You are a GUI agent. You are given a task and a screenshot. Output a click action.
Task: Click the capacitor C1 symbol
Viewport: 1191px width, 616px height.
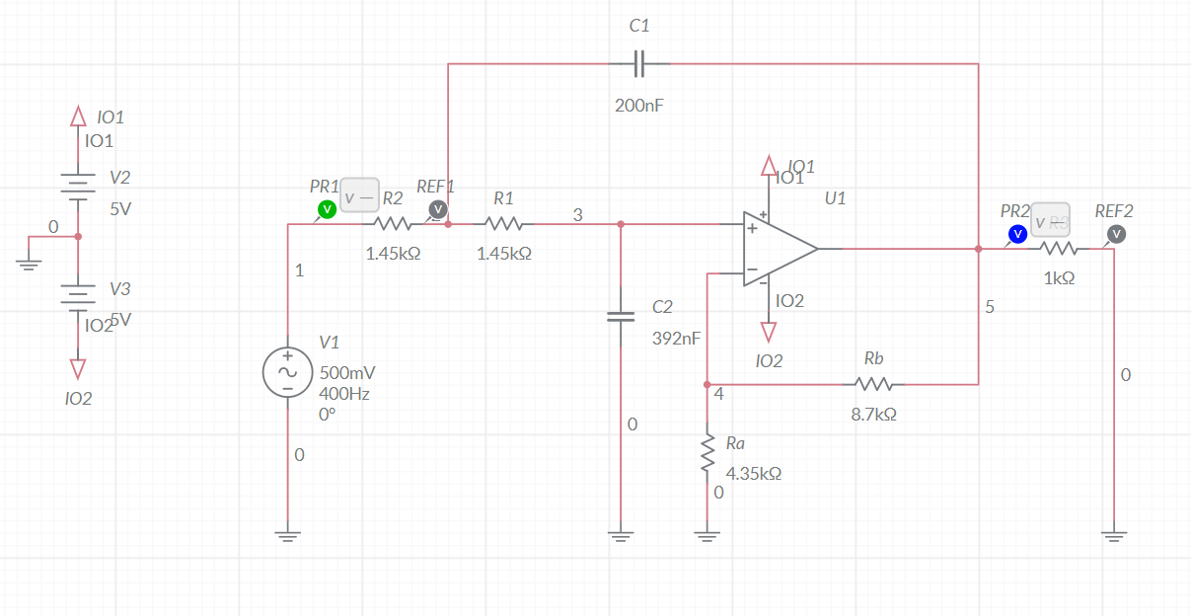(x=638, y=64)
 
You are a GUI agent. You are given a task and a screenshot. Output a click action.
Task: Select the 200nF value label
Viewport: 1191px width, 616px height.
(x=638, y=106)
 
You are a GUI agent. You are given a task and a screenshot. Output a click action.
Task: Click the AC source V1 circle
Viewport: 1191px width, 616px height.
(x=287, y=372)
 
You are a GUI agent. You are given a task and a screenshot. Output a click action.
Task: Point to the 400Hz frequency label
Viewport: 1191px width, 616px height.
(x=343, y=393)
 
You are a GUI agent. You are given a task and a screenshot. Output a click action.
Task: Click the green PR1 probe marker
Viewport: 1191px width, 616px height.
(x=326, y=209)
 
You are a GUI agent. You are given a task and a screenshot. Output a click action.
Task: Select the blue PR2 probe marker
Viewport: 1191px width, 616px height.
(x=1016, y=234)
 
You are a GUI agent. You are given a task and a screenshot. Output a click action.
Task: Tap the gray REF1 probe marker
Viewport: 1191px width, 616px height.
(x=437, y=209)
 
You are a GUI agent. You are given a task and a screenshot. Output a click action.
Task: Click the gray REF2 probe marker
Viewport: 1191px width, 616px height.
(x=1116, y=234)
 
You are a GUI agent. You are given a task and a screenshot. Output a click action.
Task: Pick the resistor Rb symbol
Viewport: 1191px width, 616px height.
(x=874, y=384)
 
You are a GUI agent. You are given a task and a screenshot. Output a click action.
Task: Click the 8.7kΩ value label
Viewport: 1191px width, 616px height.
(x=873, y=416)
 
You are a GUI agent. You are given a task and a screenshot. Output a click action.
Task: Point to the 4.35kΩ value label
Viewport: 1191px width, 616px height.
(x=753, y=473)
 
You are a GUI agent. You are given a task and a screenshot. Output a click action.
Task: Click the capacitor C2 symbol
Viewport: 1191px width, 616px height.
(x=620, y=317)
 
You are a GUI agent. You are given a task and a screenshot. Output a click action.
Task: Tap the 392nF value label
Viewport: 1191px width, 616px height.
(x=676, y=339)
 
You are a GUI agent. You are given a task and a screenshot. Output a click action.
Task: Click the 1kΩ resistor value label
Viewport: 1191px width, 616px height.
(x=1059, y=278)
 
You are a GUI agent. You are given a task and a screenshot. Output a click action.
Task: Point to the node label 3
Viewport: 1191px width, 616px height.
(x=577, y=214)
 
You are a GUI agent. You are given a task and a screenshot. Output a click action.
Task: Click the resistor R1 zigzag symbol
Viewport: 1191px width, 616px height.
(x=503, y=224)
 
